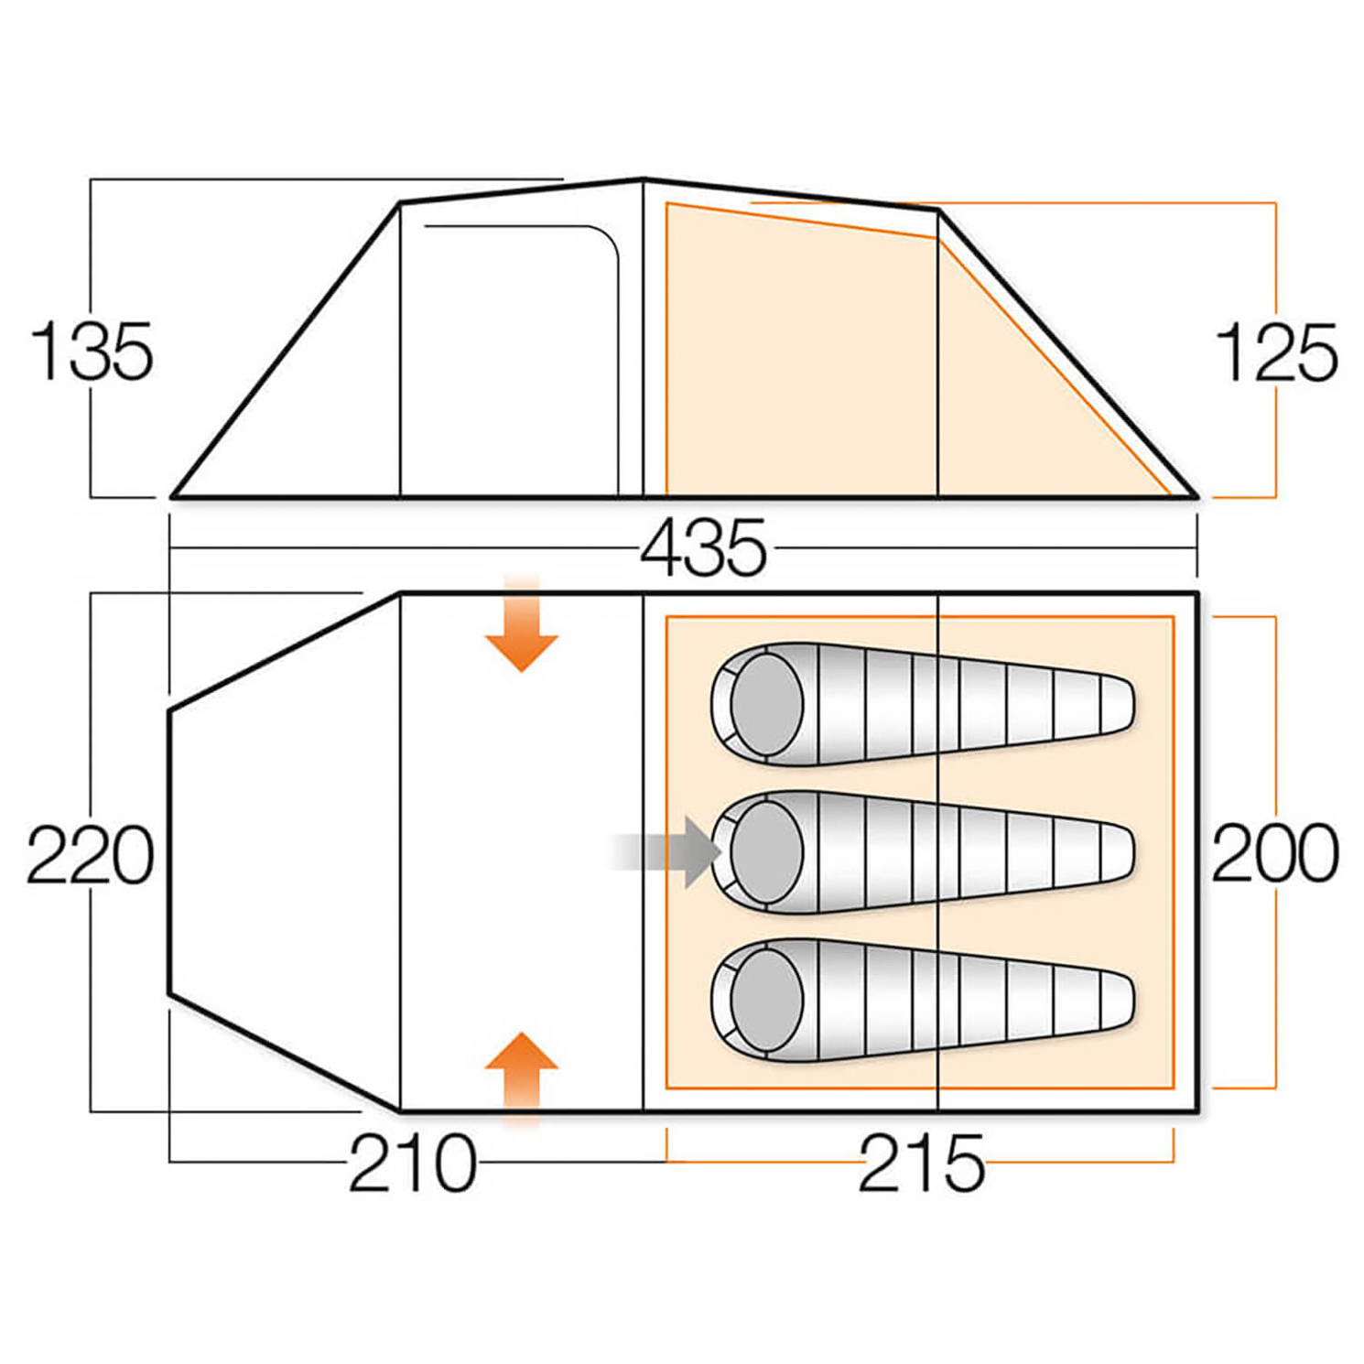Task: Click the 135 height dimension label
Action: point(92,352)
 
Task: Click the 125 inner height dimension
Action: point(1276,352)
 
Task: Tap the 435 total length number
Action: point(703,548)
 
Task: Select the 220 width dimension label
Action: point(90,854)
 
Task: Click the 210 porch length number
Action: point(413,1163)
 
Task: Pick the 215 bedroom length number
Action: point(921,1163)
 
